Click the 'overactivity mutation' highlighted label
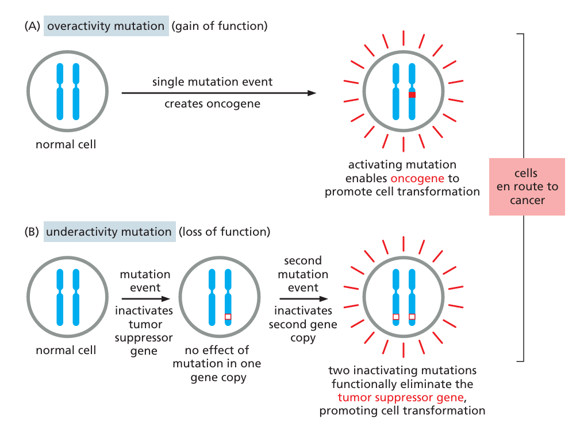106,26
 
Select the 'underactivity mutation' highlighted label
109,232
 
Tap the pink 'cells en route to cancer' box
527,187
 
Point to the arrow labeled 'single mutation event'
218,93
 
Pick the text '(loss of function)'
224,232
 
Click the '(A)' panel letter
32,26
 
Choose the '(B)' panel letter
32,232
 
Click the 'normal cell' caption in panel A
66,144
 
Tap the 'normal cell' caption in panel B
66,350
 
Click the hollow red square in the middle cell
228,316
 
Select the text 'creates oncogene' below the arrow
212,104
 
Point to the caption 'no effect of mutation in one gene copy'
217,364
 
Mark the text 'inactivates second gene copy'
303,324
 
